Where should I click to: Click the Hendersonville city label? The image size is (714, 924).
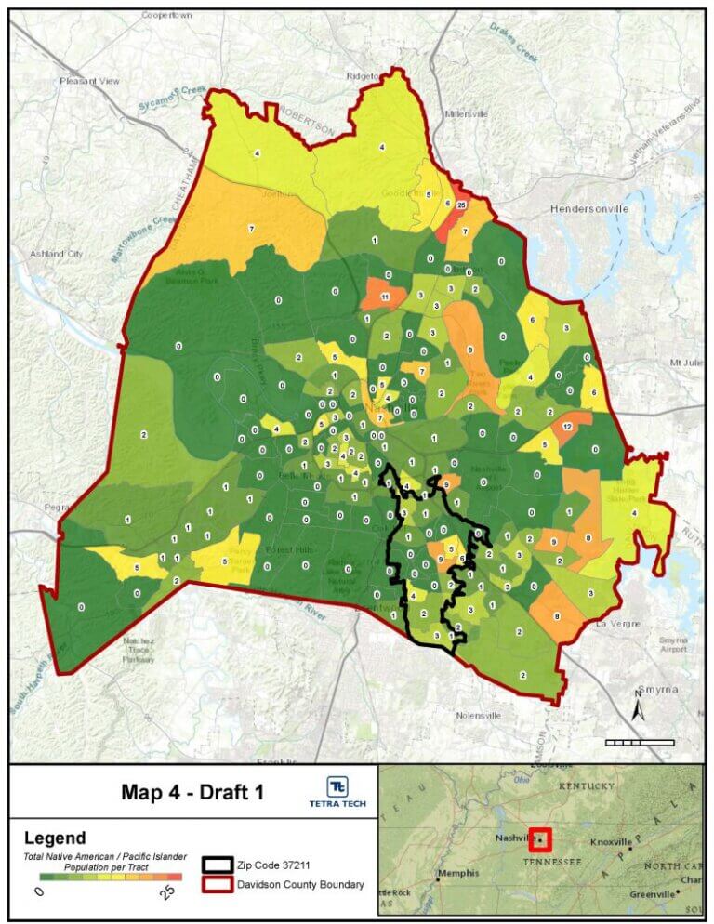click(588, 208)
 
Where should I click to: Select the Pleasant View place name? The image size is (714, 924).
click(90, 82)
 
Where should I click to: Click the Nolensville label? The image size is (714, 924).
click(479, 715)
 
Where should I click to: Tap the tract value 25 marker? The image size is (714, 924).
click(461, 205)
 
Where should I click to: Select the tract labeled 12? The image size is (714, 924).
click(567, 426)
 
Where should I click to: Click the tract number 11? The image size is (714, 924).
click(385, 297)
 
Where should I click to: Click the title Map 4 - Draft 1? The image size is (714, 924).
click(192, 792)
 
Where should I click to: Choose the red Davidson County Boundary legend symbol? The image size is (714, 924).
click(219, 885)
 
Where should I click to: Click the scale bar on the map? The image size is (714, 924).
click(639, 742)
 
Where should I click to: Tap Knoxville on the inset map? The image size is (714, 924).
click(611, 843)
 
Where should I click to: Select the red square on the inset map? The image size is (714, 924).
click(539, 839)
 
